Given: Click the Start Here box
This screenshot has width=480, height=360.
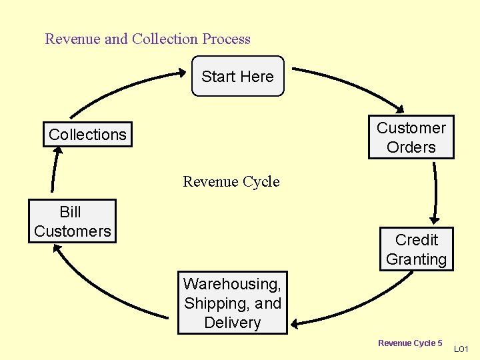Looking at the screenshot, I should [237, 77].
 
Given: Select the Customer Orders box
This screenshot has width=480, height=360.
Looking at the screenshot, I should [411, 137].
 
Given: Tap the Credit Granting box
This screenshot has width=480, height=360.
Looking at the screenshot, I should [416, 249].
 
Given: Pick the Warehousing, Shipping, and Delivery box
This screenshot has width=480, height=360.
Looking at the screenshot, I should [232, 303].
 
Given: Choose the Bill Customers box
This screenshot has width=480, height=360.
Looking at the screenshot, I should [72, 221].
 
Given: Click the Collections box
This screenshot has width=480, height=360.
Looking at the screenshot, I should [87, 134].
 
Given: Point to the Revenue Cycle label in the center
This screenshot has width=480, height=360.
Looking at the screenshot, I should [231, 181].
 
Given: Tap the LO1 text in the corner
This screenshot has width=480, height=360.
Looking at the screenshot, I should [461, 349].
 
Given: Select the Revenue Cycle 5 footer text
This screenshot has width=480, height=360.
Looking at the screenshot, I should [410, 343].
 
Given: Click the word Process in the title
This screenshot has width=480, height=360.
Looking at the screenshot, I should [227, 39].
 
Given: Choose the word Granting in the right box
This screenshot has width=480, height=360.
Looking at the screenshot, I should [416, 259].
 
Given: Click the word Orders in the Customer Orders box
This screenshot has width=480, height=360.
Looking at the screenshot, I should [411, 147].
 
